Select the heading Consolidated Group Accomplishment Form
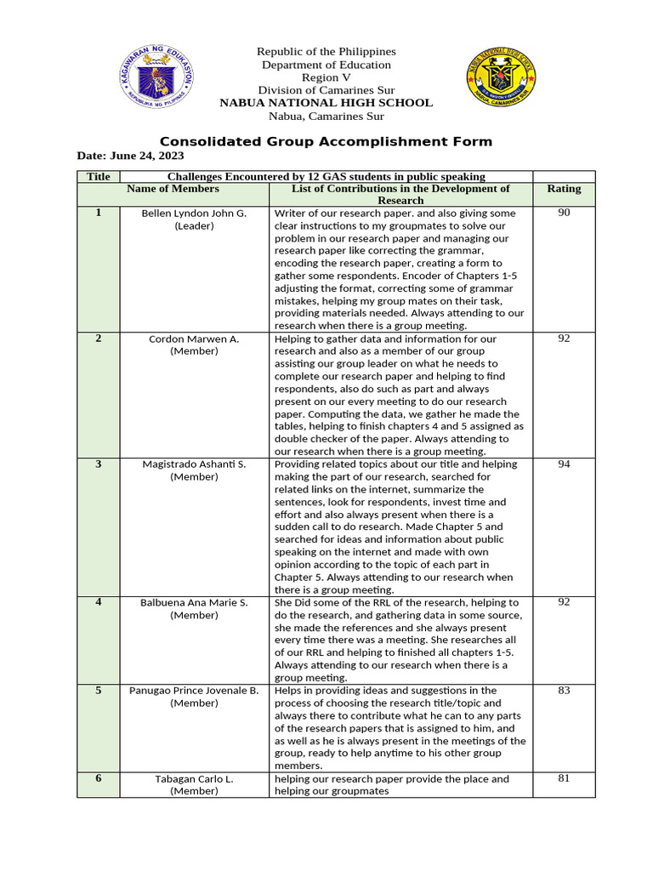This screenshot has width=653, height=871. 326,142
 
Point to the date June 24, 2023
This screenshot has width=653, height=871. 130,157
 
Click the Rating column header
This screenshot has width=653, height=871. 564,189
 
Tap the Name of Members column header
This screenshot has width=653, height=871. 173,189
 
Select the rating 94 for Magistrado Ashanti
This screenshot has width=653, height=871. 564,464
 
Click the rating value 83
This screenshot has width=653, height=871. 564,691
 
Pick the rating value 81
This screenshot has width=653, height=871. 564,778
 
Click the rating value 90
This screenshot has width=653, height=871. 564,213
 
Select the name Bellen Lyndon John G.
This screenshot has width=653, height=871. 194,213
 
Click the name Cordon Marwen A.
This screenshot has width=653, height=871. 194,339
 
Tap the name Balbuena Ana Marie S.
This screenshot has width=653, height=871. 194,603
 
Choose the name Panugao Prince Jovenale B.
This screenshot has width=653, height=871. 194,691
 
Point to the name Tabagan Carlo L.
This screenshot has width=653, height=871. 194,779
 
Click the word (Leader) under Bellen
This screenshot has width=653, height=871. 194,226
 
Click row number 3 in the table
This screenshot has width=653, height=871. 99,464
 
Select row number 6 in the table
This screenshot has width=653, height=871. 99,778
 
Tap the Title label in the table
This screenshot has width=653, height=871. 99,176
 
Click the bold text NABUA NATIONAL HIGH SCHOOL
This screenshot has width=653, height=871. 326,103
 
